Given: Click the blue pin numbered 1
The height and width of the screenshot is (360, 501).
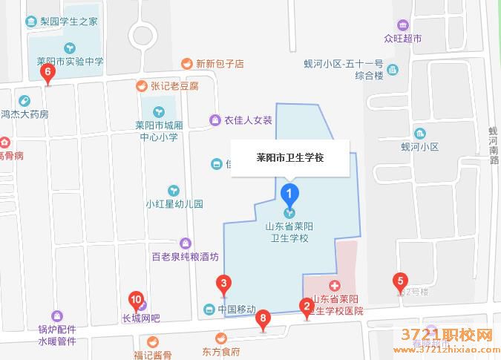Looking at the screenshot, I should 290,194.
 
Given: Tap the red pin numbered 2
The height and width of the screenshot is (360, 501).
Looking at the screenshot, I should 305,306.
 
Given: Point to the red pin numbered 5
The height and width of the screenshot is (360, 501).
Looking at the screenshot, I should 400,281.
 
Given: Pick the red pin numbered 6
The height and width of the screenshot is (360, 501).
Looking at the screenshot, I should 48,73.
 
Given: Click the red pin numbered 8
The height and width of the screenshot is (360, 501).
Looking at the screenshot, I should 262,319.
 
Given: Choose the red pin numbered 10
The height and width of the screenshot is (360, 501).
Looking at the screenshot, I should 136,301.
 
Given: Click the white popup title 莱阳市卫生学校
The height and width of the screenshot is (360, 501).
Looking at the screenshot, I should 290,158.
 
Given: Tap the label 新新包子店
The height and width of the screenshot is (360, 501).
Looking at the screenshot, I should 220,64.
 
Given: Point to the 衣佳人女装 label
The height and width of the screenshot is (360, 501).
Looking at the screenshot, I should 249,120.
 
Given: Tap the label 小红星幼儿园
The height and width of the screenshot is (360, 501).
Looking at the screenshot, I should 174,203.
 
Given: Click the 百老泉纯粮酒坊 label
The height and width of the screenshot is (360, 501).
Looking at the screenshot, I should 185,257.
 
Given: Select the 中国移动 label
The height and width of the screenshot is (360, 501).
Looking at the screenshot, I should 237,309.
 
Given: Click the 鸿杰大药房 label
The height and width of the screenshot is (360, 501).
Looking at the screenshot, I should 24,114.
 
